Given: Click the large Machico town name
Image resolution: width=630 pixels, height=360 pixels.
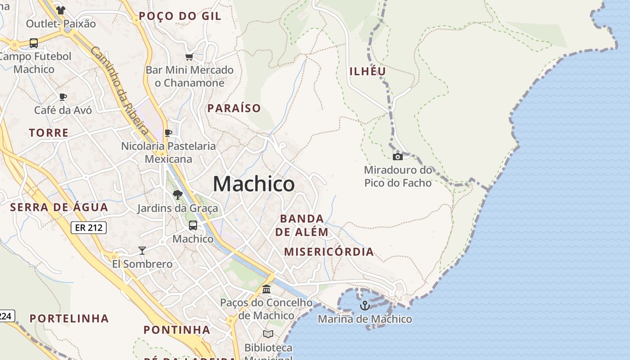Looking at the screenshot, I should (254, 184).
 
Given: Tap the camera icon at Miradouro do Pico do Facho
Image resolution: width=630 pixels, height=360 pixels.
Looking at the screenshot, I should (398, 157).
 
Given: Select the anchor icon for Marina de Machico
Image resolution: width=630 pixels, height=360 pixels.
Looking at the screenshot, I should (365, 306).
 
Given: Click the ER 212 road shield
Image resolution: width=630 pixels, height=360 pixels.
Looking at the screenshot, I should (89, 228).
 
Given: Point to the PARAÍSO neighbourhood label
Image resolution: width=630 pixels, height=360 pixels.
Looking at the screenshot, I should (234, 108).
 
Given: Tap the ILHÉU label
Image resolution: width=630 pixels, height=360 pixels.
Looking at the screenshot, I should (368, 71).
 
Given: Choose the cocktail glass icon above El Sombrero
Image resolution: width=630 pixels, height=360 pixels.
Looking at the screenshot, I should (142, 251).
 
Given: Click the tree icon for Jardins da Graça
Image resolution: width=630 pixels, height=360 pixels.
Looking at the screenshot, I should (178, 195).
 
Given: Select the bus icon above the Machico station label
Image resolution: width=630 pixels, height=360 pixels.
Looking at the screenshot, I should (193, 225).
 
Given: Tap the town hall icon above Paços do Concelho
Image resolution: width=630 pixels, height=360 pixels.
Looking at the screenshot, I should (266, 289).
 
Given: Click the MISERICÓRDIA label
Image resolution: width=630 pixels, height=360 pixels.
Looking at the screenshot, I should (329, 252).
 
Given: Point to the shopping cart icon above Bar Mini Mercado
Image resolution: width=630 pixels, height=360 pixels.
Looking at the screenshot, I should (189, 57).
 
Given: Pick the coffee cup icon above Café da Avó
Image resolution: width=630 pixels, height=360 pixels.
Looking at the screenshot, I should (63, 97).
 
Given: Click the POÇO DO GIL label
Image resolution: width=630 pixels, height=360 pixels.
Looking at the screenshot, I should (180, 16).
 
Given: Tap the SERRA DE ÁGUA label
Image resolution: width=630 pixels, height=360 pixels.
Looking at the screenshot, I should (59, 207).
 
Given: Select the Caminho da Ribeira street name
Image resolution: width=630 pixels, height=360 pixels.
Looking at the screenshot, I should (120, 90).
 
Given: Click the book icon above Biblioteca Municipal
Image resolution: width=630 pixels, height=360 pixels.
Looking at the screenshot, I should (268, 334).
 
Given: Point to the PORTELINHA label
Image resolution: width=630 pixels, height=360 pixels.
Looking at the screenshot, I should (69, 319).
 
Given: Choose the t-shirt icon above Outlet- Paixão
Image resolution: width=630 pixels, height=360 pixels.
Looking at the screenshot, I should (61, 10).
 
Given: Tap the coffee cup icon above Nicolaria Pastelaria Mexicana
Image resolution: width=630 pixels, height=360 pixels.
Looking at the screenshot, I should (168, 133).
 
